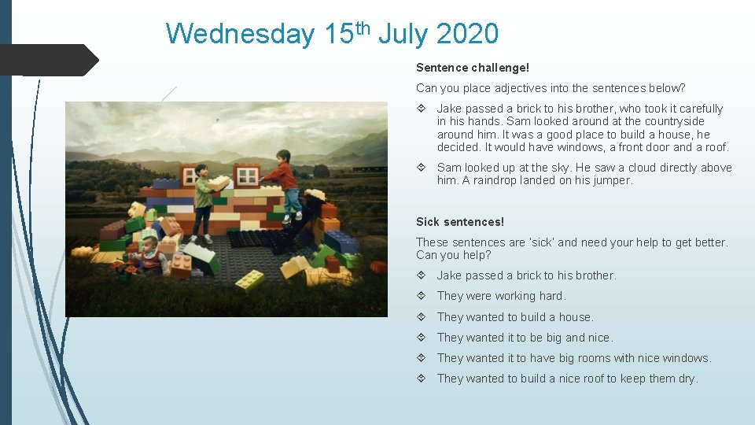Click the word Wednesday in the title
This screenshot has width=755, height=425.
[240, 34]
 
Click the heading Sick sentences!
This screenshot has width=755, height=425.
[460, 222]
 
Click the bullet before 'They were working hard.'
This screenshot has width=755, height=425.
[422, 296]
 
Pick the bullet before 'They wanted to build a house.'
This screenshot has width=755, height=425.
[422, 317]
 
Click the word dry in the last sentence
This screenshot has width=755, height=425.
[687, 379]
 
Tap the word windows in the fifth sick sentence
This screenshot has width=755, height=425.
[686, 358]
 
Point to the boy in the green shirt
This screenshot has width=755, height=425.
[202, 197]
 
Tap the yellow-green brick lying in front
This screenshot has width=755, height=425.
[249, 280]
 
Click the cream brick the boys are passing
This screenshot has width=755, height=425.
[222, 182]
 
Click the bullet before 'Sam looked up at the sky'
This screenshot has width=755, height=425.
[422, 168]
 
